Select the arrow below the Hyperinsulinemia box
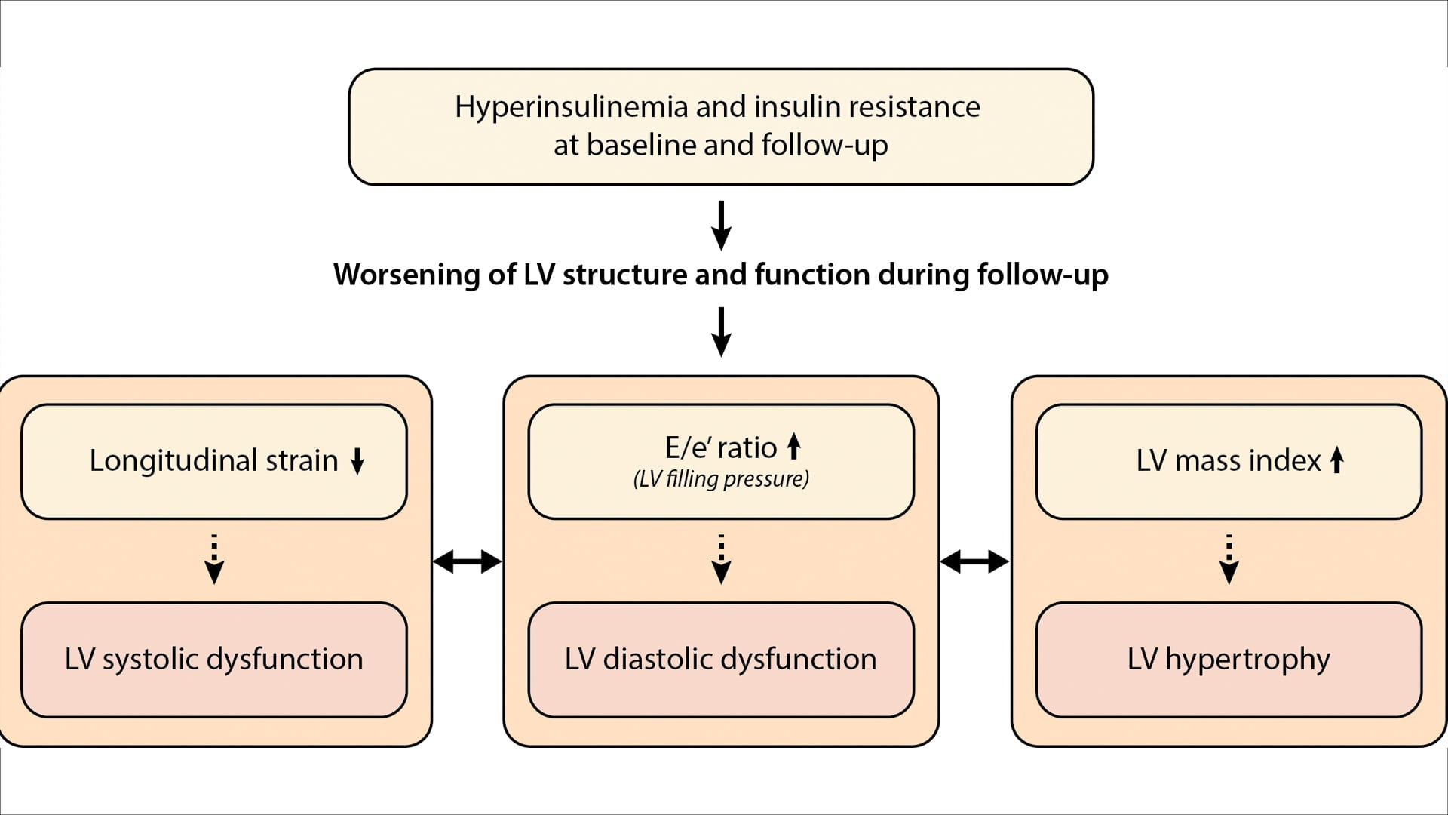click(721, 225)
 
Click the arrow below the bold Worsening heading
click(721, 331)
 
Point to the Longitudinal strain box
click(214, 461)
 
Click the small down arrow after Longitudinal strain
click(357, 460)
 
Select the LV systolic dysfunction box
click(214, 660)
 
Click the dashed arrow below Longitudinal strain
click(214, 559)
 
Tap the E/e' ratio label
click(720, 448)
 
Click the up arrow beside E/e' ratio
click(793, 446)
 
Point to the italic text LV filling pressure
click(721, 479)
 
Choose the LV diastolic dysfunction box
click(721, 660)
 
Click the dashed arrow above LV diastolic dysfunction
click(721, 559)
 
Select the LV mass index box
click(1229, 461)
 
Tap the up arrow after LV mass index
click(1337, 460)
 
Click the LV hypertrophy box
click(1229, 660)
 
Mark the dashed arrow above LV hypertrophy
click(1229, 559)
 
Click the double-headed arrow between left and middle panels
click(468, 561)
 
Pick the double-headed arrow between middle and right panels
click(974, 561)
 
